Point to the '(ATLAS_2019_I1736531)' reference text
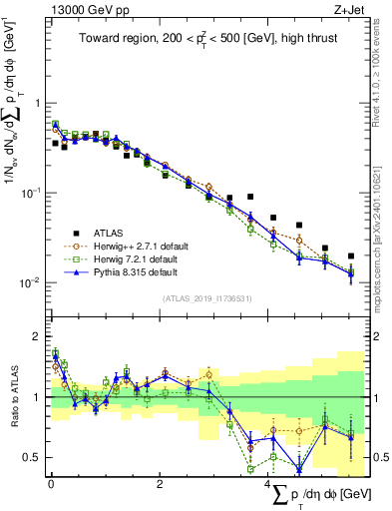click(207, 297)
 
